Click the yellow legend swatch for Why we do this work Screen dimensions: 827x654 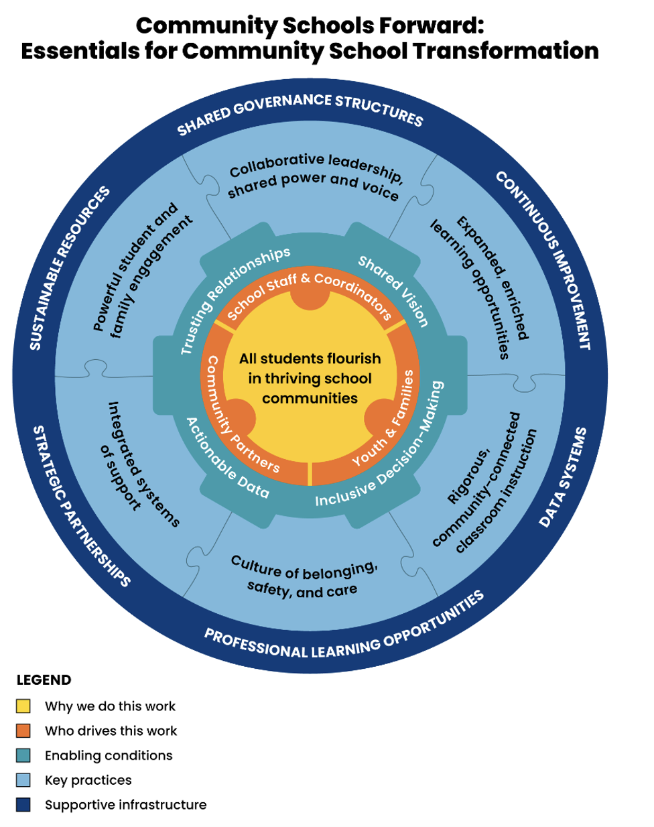[23, 706]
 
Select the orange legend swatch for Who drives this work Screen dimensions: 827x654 [23, 730]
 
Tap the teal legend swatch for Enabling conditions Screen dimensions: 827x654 [23, 755]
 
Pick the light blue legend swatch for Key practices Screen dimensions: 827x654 [23, 780]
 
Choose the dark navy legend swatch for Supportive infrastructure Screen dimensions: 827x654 [23, 805]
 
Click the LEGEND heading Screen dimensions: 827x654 [44, 680]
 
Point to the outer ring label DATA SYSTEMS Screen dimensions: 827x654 [563, 476]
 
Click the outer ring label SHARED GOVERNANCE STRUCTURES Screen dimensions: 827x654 [300, 111]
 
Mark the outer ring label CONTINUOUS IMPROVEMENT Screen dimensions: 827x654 [544, 259]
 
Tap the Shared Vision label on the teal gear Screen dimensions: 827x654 [393, 290]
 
